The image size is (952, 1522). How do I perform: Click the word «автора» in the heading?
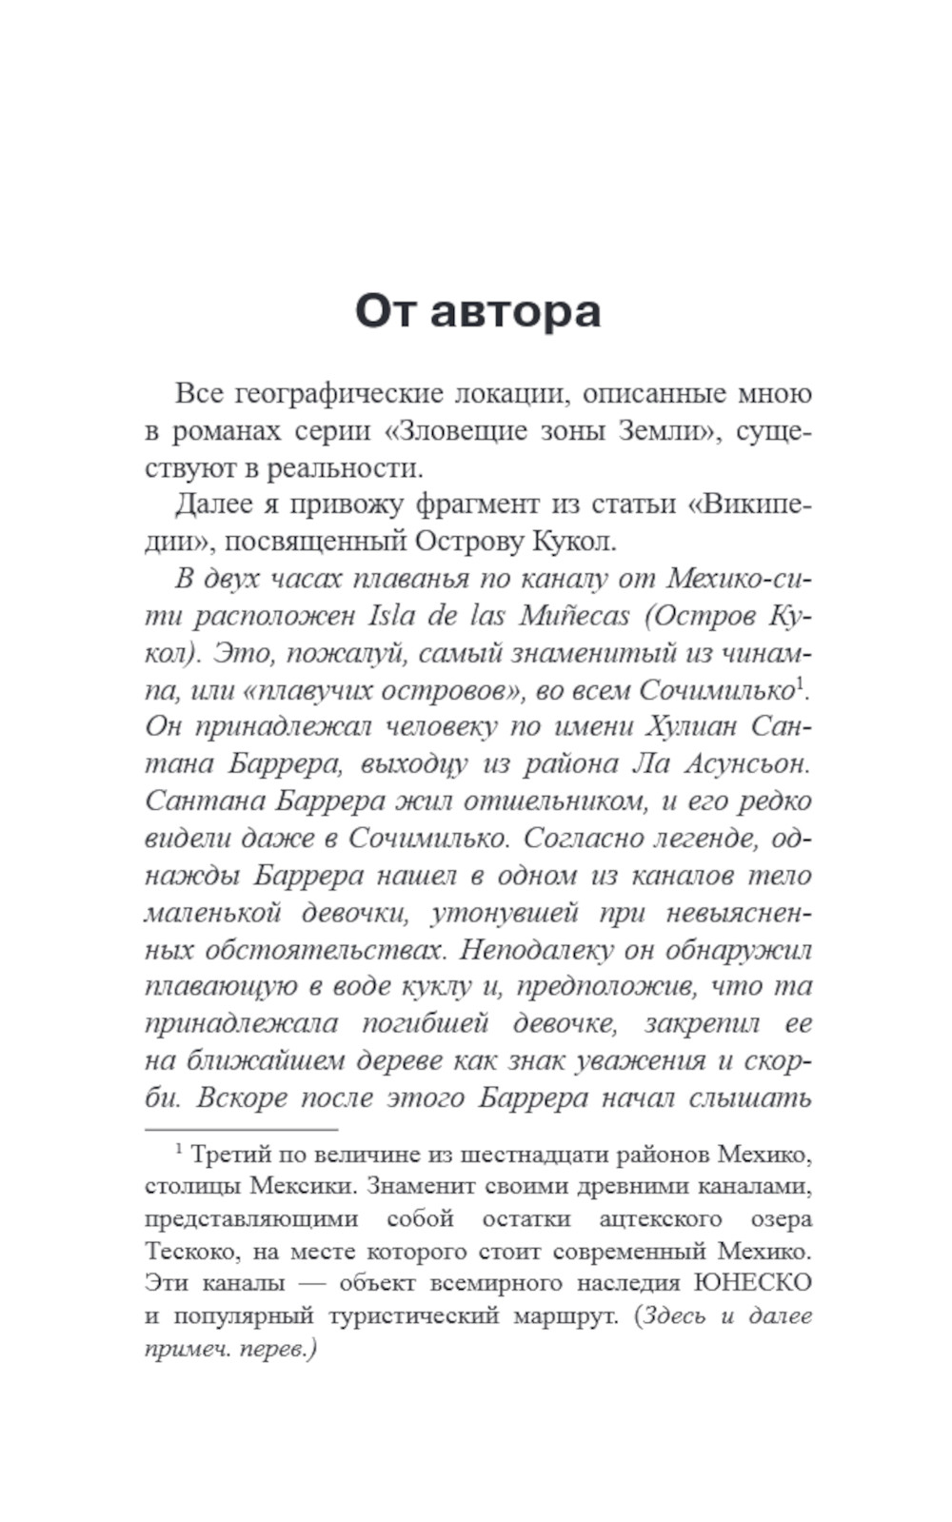pyautogui.click(x=515, y=311)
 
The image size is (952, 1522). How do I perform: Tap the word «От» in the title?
pyautogui.click(x=387, y=311)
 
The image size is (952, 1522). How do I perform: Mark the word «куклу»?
pyautogui.click(x=437, y=987)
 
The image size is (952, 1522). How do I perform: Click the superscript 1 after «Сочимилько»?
pyautogui.click(x=800, y=682)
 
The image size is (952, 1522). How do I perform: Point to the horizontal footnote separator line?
pyautogui.click(x=241, y=1129)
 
